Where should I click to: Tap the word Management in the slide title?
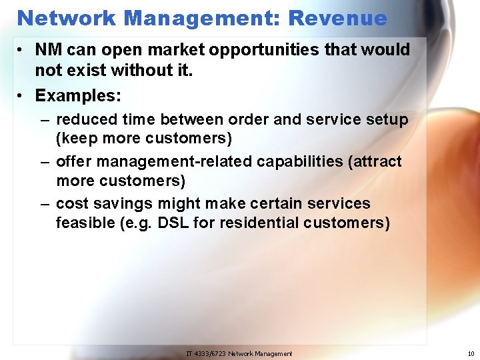201,17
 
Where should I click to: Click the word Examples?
78,95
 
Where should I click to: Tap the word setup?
388,119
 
